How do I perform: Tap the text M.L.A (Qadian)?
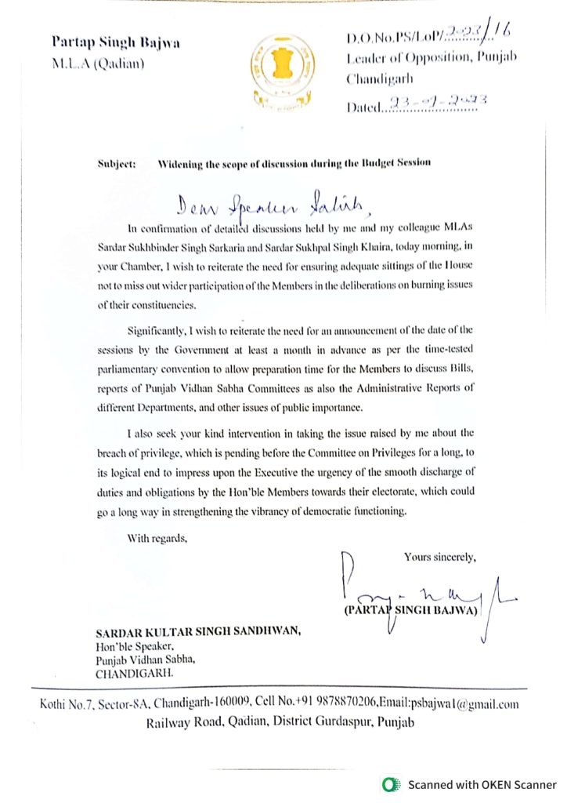pyautogui.click(x=98, y=63)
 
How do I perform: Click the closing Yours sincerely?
pyautogui.click(x=439, y=557)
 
